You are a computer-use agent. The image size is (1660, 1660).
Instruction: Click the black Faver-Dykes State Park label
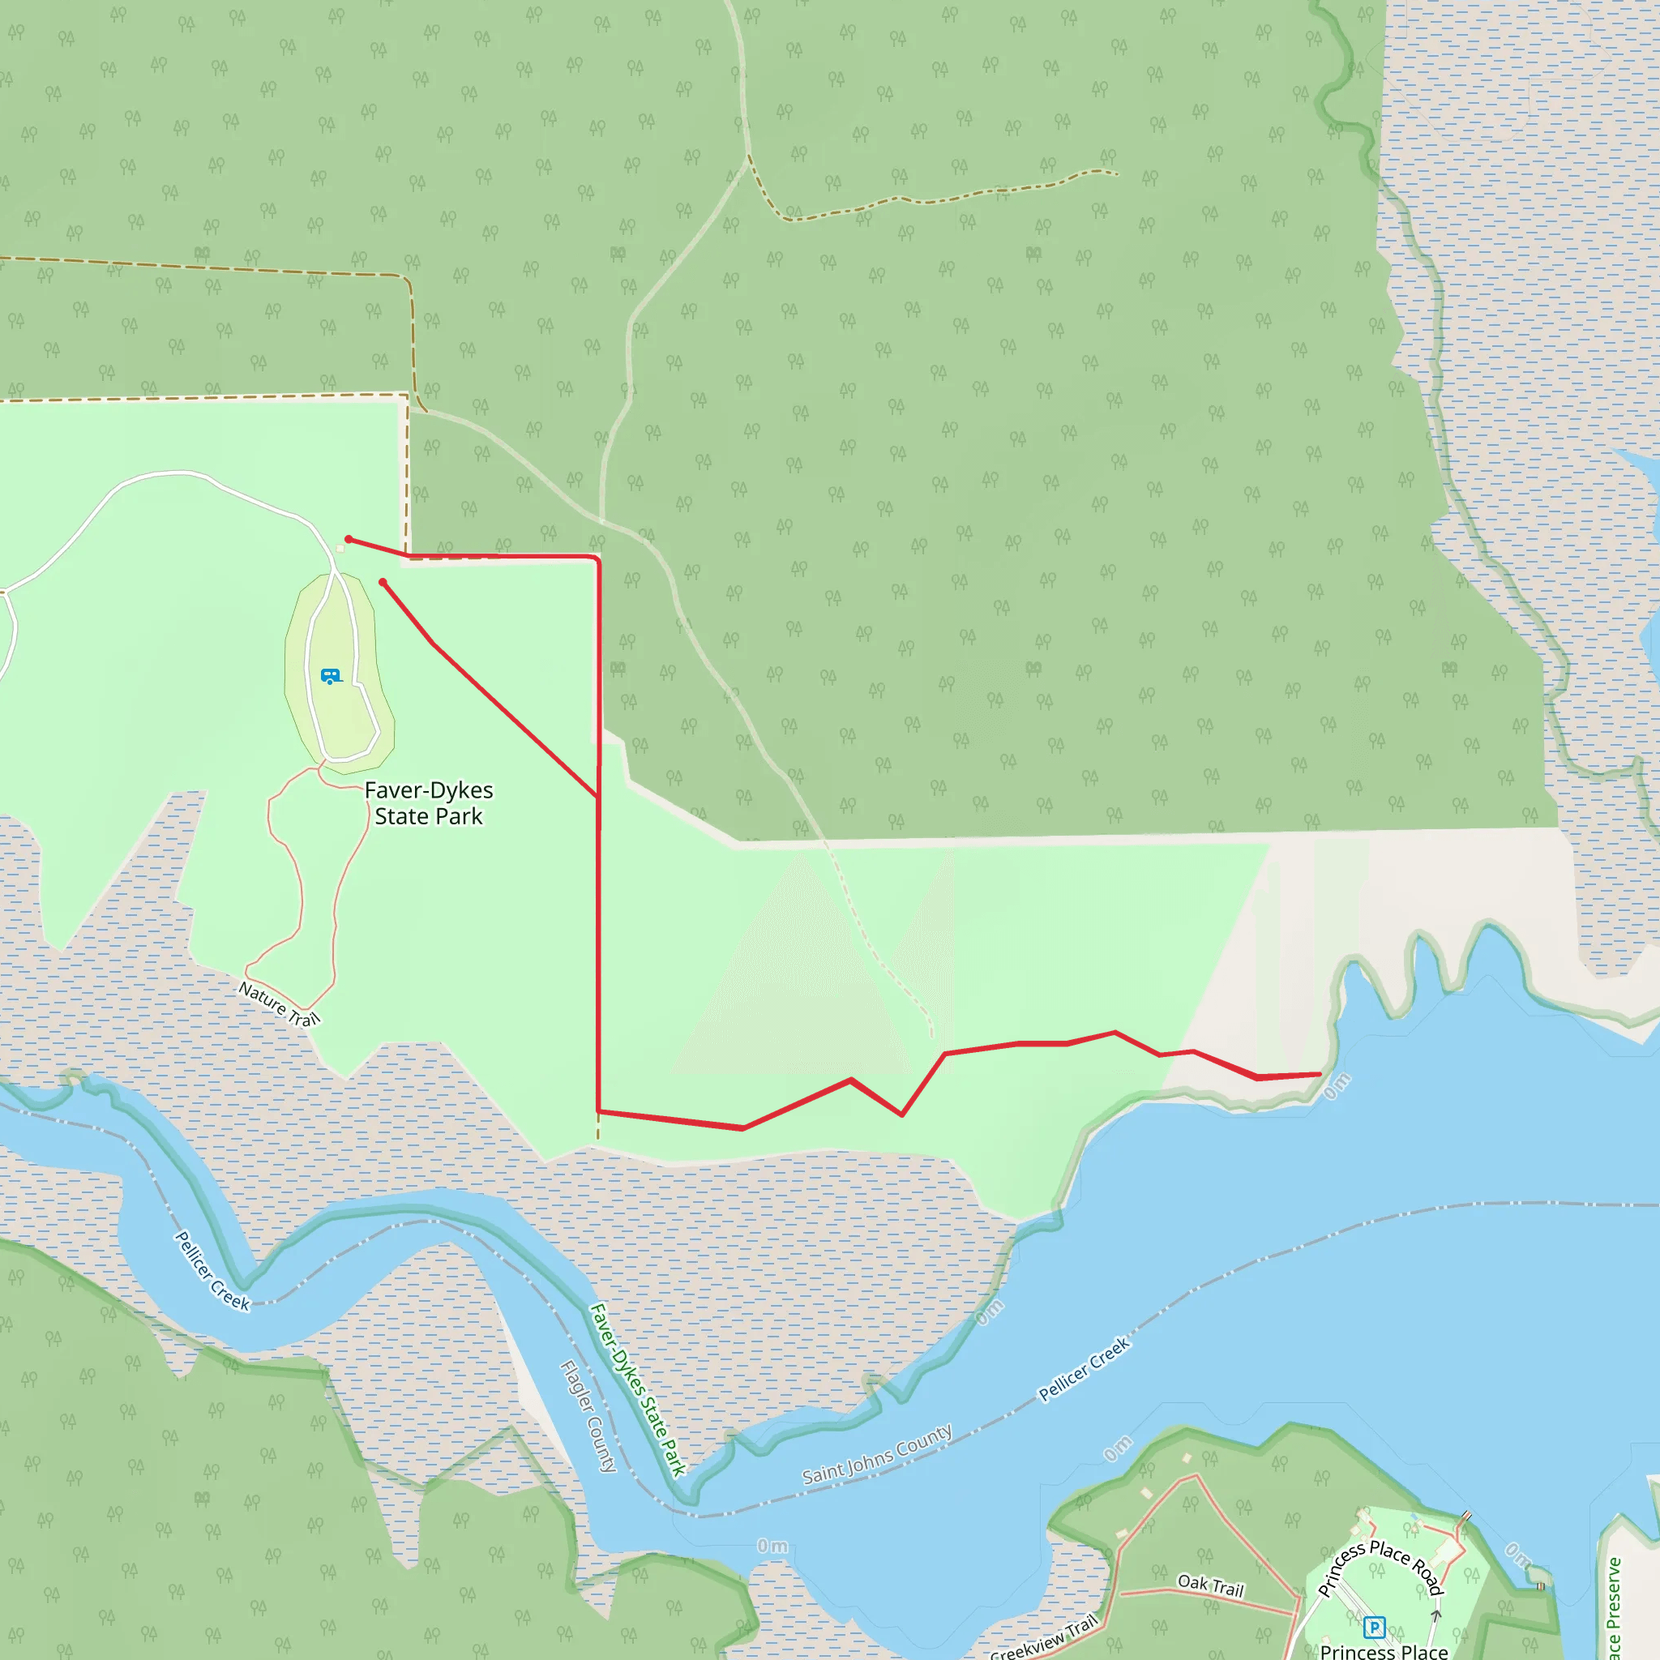point(429,803)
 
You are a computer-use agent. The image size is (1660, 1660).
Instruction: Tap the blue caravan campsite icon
point(331,676)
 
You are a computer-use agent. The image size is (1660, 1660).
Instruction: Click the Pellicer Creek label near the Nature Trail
point(212,1272)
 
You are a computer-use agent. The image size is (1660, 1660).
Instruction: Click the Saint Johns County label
point(877,1454)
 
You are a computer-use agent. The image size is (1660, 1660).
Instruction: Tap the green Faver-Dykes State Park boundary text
point(638,1389)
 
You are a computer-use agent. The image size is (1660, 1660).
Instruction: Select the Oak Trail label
point(1211,1585)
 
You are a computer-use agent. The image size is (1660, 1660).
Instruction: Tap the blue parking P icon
point(1374,1627)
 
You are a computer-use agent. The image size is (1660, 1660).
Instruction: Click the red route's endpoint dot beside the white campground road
point(349,540)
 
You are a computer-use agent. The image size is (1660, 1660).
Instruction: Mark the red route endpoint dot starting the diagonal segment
point(383,583)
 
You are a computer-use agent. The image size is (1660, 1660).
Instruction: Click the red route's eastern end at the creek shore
point(1320,1074)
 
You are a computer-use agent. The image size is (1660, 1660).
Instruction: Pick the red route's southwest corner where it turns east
point(599,1112)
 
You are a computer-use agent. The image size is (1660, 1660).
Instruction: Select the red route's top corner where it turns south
point(597,559)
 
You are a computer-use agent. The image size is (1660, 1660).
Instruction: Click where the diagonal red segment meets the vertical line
point(599,797)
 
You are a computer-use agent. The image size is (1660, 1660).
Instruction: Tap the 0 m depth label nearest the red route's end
point(1336,1086)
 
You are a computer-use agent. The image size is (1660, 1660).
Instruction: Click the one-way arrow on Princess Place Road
point(1435,1615)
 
